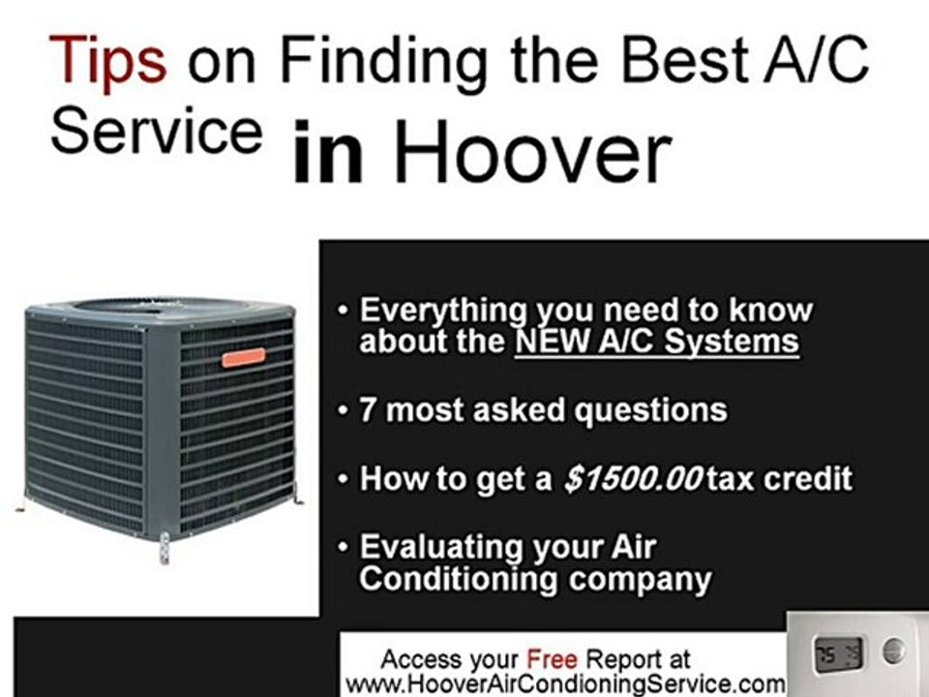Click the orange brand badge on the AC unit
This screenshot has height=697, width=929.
pos(244,357)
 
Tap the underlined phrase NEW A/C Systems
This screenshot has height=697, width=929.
pos(657,342)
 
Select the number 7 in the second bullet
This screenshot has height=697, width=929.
pos(368,410)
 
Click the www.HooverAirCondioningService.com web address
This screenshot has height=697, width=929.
pos(565,683)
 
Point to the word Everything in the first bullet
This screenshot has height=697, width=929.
pos(441,312)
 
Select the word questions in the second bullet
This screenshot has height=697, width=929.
pos(649,410)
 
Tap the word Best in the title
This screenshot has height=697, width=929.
pos(686,61)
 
